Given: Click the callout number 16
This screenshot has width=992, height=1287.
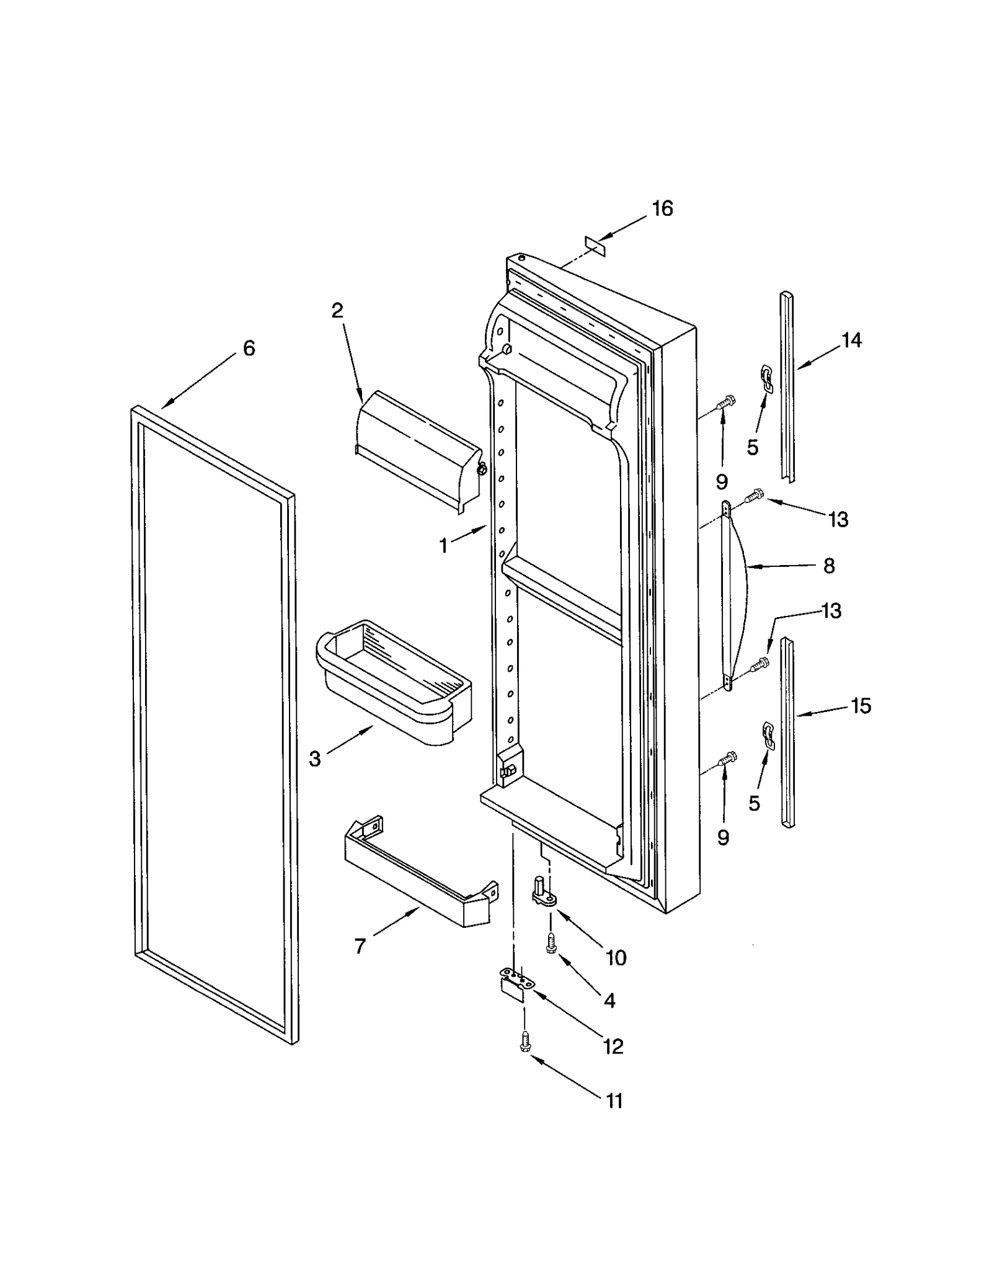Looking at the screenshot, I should point(662,209).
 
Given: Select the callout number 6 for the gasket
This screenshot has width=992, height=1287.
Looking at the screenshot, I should point(249,349).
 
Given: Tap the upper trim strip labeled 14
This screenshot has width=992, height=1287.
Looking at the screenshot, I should point(787,385).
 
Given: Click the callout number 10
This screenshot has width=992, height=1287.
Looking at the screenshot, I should point(616,958).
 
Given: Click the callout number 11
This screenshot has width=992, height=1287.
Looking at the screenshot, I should point(613,1102).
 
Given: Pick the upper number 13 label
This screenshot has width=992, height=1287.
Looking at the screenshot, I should point(838,520).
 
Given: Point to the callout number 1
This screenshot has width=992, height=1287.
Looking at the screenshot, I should point(443,546).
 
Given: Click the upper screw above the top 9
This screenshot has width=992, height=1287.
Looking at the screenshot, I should point(726,403).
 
